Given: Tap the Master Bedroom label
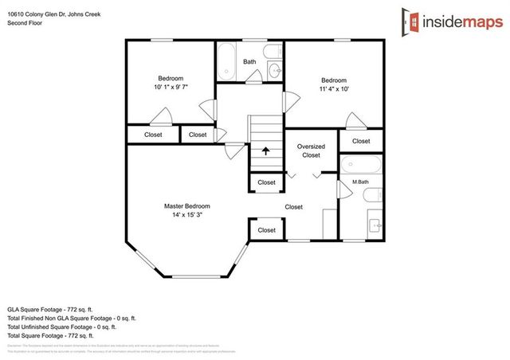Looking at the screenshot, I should [x=187, y=205].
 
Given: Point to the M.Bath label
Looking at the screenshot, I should [x=360, y=182].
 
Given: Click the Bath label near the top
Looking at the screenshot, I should [x=249, y=61].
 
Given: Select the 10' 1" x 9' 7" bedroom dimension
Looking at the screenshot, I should [x=171, y=87].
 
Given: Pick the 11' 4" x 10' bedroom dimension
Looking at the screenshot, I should [x=333, y=88].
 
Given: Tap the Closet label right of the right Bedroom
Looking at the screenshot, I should [x=361, y=141].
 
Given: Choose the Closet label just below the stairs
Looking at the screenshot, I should [x=266, y=182].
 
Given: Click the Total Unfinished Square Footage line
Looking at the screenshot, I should [x=62, y=327].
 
